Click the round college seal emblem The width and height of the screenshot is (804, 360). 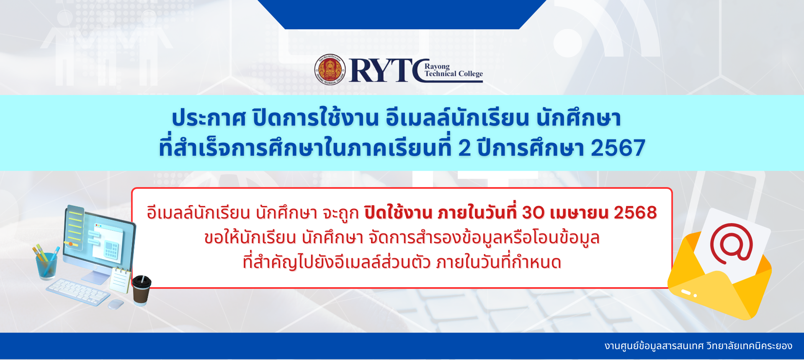pyautogui.click(x=330, y=69)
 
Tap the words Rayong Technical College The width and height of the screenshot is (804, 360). pyautogui.click(x=454, y=70)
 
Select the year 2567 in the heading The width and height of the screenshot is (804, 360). pyautogui.click(x=618, y=148)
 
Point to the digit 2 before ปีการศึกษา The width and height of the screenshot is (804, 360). pyautogui.click(x=464, y=148)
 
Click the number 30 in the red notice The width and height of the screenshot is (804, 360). pyautogui.click(x=533, y=213)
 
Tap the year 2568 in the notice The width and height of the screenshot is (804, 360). pyautogui.click(x=635, y=213)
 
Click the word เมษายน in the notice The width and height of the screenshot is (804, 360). pyautogui.click(x=579, y=213)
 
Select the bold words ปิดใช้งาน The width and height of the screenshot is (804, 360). pyautogui.click(x=398, y=212)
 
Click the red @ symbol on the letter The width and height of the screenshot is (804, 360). pyautogui.click(x=731, y=244)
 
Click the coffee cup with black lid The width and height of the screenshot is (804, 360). pyautogui.click(x=142, y=290)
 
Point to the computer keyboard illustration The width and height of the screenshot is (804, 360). pyautogui.click(x=78, y=292)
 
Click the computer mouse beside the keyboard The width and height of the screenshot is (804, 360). pyautogui.click(x=116, y=304)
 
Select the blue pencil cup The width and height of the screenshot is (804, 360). pyautogui.click(x=46, y=265)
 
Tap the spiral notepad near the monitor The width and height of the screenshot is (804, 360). pyautogui.click(x=120, y=280)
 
